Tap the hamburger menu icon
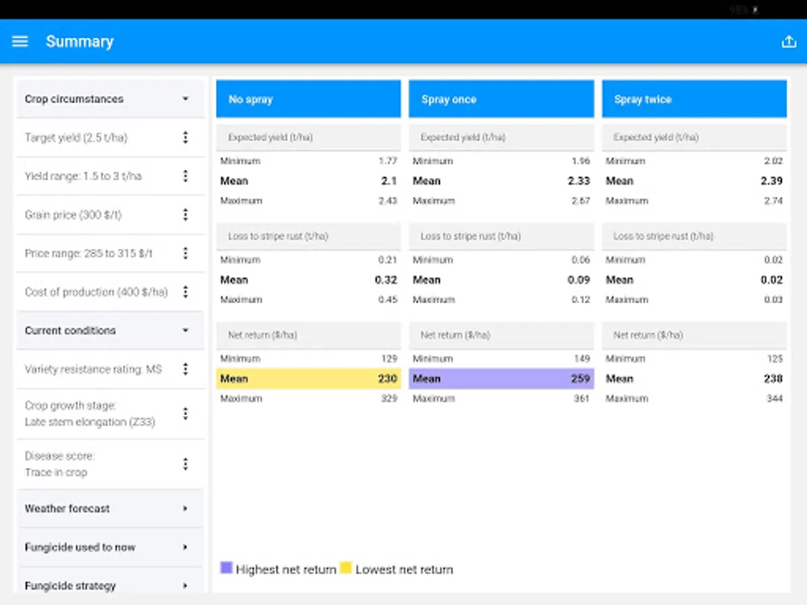point(20,42)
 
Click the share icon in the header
point(788,42)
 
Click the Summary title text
point(79,42)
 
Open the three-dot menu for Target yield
point(186,138)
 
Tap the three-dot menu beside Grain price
point(186,215)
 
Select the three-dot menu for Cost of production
point(186,292)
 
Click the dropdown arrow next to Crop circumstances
point(186,99)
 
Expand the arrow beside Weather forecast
point(186,509)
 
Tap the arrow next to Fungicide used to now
point(186,547)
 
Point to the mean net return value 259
point(580,378)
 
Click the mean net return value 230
point(387,378)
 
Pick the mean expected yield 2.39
point(772,181)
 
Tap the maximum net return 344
point(774,399)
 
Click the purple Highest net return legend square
point(226,568)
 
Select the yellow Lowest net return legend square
point(346,568)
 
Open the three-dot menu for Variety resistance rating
point(186,369)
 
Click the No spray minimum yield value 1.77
point(388,161)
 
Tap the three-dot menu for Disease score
point(186,464)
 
